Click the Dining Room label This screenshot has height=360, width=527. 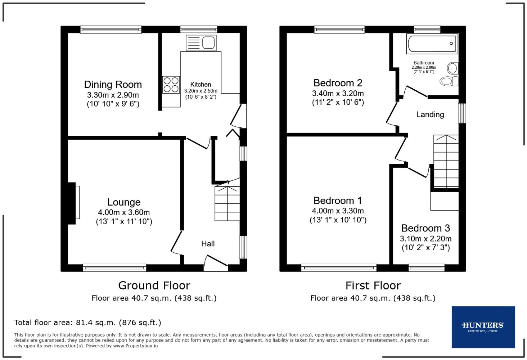click(x=113, y=85)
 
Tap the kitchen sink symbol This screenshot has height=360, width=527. click(x=201, y=43)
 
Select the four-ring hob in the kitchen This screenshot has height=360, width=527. click(x=171, y=85)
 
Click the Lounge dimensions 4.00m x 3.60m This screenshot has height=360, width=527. click(x=123, y=212)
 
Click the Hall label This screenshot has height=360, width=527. click(x=208, y=244)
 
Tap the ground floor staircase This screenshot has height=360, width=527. click(x=227, y=203)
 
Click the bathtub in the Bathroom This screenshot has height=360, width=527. click(x=432, y=44)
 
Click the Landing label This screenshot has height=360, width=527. click(x=430, y=114)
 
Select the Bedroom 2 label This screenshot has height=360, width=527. click(x=338, y=83)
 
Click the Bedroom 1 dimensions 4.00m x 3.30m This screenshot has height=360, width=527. click(x=338, y=211)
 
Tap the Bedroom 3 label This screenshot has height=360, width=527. click(x=425, y=228)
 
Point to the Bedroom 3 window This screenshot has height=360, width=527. click(x=426, y=267)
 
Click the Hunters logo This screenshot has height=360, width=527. click(x=483, y=327)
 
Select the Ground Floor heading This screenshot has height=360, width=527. click(x=154, y=285)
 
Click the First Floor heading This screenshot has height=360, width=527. click(x=373, y=285)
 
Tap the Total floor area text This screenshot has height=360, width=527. click(x=87, y=323)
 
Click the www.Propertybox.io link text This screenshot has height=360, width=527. click(x=135, y=346)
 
